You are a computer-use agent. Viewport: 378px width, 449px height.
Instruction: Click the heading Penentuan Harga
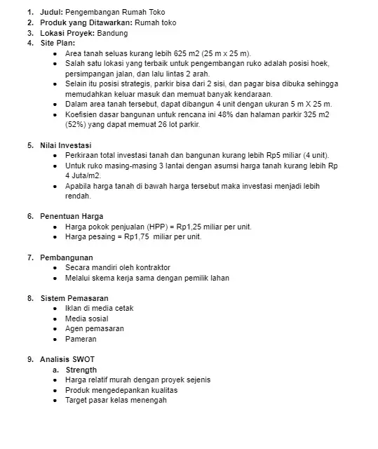(71, 216)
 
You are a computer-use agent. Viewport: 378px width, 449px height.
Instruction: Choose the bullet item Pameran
(81, 339)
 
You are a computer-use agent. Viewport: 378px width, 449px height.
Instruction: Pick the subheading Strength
(81, 370)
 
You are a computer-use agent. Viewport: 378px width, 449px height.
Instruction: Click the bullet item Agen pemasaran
(95, 328)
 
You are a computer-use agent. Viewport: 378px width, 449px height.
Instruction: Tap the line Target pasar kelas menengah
(116, 400)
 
